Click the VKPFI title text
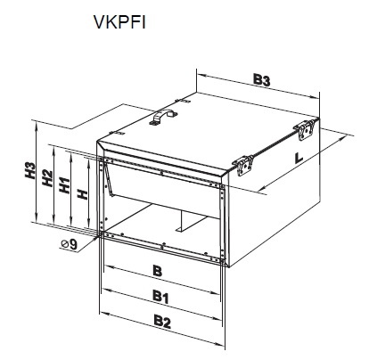point(119,22)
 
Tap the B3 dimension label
point(262,79)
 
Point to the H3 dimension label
point(30,170)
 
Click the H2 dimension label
point(47,177)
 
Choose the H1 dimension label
point(64,184)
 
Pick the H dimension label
point(83,194)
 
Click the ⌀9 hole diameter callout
point(70,244)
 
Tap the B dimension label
point(158,271)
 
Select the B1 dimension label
point(160,297)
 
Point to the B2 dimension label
point(162,322)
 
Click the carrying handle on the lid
point(163,117)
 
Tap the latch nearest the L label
point(305,129)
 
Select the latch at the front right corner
point(243,166)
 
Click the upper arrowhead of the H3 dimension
point(36,127)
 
